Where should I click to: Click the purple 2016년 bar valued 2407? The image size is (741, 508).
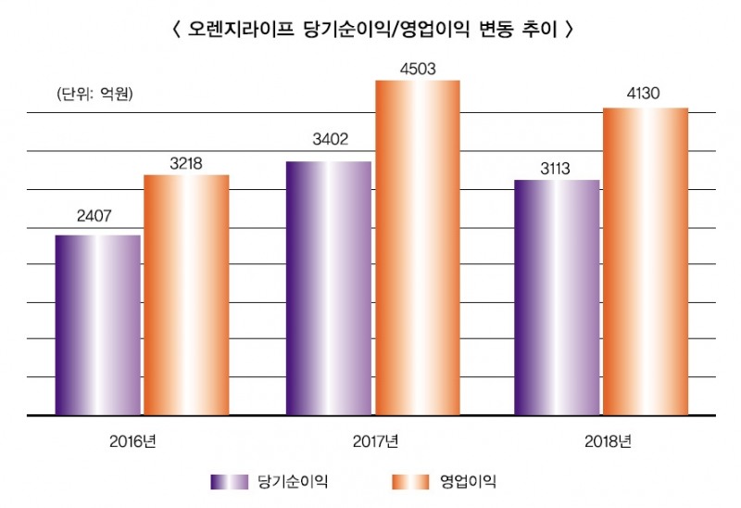pyautogui.click(x=98, y=324)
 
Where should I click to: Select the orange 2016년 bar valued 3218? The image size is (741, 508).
pyautogui.click(x=186, y=295)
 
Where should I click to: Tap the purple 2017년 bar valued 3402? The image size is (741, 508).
pyautogui.click(x=329, y=288)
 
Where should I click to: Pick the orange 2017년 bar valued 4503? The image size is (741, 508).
pyautogui.click(x=417, y=248)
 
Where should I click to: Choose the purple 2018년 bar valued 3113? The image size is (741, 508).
pyautogui.click(x=557, y=297)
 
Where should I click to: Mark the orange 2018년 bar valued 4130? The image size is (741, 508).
pyautogui.click(x=646, y=261)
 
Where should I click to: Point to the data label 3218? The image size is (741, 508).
pyautogui.click(x=186, y=162)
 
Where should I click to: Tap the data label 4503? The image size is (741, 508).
pyautogui.click(x=417, y=68)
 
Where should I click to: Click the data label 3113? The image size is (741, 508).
pyautogui.click(x=557, y=168)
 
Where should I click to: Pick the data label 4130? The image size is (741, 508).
pyautogui.click(x=646, y=95)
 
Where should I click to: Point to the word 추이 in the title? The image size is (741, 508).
pyautogui.click(x=542, y=29)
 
